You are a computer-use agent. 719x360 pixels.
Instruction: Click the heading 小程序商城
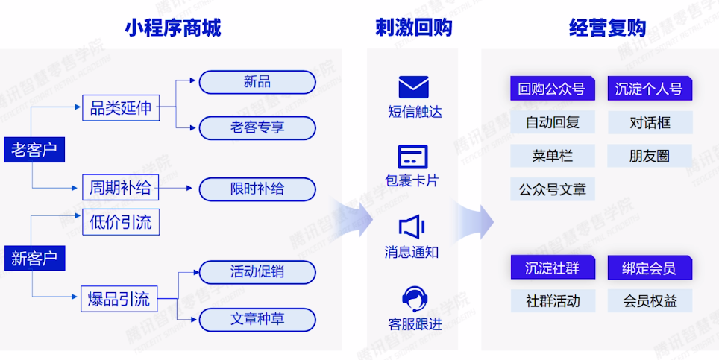tap(172, 28)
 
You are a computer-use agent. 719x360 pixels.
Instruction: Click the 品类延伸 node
tap(120, 108)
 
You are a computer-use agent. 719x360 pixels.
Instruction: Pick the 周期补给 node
tap(120, 188)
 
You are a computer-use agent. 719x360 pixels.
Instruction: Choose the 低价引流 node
tap(120, 222)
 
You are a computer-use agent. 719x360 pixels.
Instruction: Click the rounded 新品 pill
tap(257, 82)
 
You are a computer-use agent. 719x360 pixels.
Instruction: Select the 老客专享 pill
tap(257, 127)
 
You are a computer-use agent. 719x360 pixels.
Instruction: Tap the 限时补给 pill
tap(257, 189)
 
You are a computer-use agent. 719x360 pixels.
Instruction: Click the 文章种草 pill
tap(257, 320)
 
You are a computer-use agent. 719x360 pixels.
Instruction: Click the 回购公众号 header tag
tap(552, 89)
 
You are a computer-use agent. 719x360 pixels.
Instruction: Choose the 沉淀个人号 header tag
tap(649, 89)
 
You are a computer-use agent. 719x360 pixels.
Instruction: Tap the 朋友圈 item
tap(649, 156)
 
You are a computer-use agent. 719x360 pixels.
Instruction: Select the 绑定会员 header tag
tap(649, 268)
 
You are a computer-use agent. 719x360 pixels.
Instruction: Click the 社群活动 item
tap(553, 301)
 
